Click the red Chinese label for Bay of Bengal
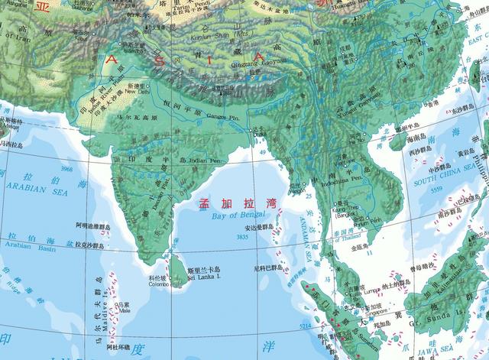point(228,204)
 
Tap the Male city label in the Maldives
point(122,311)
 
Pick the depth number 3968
point(67,169)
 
